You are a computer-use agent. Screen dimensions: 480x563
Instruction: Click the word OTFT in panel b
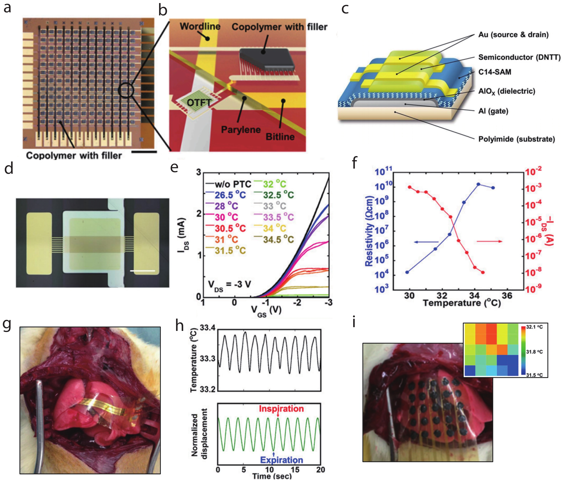point(199,103)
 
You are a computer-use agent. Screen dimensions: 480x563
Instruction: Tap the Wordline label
point(200,26)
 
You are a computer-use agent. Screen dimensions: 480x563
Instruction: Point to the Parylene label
point(241,130)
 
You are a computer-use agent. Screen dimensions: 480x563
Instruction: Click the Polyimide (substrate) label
point(516,139)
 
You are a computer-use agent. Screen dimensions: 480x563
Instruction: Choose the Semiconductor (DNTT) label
point(519,57)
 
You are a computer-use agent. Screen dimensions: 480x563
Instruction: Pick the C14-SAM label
point(495,72)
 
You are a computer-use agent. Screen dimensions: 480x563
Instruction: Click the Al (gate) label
point(493,111)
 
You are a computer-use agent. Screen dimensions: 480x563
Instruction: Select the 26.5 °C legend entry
point(230,195)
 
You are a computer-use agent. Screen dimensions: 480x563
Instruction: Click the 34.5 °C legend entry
point(278,239)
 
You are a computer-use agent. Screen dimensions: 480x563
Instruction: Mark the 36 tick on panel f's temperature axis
point(507,296)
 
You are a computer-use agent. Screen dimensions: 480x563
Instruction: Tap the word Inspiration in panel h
point(281,408)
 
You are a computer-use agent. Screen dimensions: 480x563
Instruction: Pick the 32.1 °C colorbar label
point(534,327)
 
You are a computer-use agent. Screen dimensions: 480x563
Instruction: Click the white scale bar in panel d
point(142,271)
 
